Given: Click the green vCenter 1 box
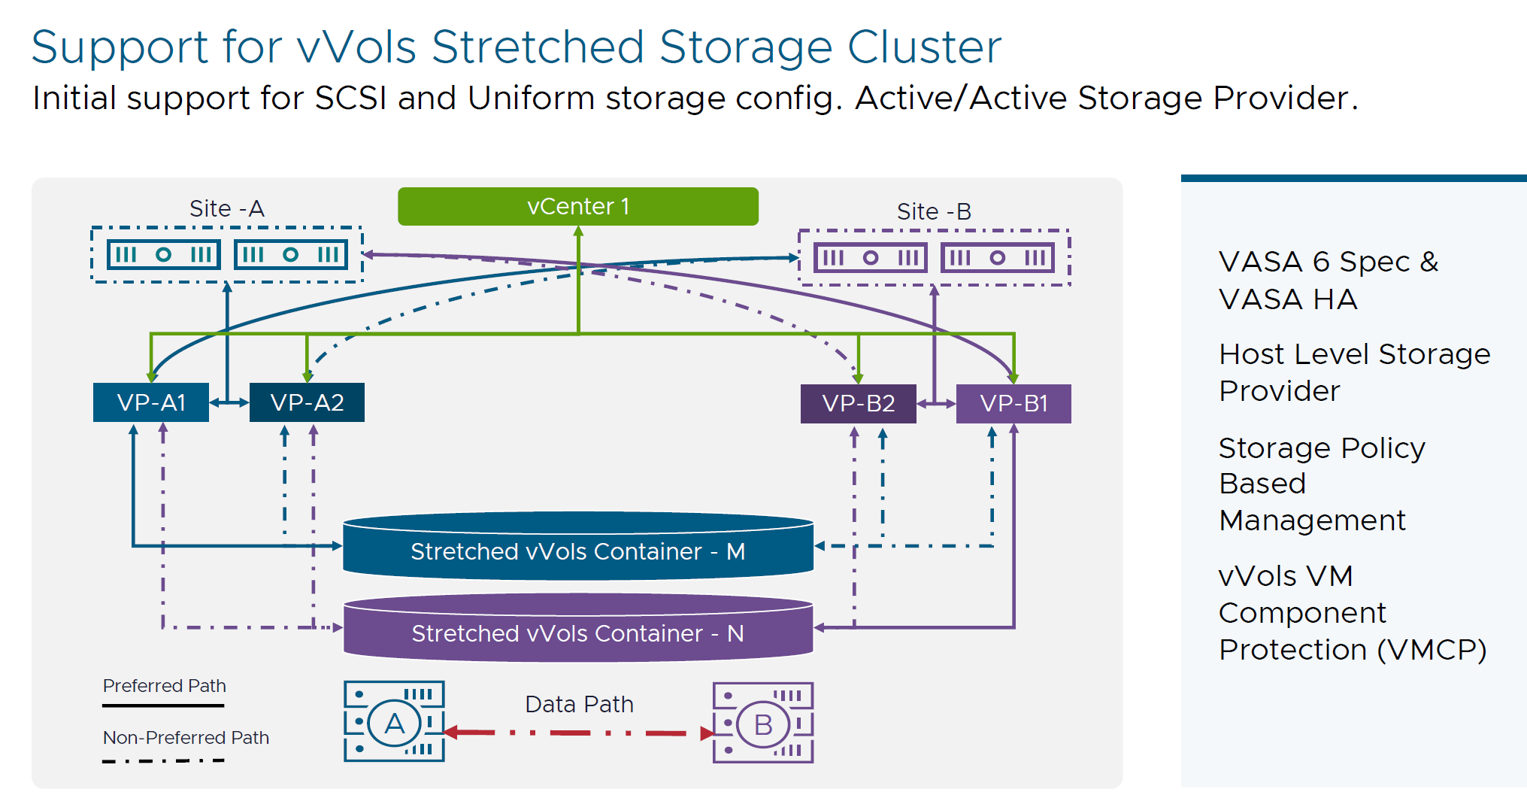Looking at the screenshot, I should pos(577,206).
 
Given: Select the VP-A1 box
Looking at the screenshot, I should pos(151,402).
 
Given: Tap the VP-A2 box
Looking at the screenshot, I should pos(307,402).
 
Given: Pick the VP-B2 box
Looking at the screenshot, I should pos(858,403).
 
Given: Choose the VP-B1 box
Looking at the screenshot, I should pos(1013,403).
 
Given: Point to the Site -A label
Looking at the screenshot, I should pos(226,208).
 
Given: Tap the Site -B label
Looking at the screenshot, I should pos(934,211).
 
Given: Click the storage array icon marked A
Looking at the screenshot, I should pos(394,722).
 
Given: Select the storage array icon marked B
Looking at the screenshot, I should pos(762,724).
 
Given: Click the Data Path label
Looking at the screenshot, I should pos(579,704).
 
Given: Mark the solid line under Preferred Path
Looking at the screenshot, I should pos(163,705).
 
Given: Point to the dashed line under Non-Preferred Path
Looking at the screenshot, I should pos(163,760).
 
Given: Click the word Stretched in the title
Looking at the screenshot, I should pos(538,47).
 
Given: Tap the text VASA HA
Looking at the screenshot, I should pos(1287,299).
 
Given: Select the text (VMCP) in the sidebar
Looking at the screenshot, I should pos(1432,649).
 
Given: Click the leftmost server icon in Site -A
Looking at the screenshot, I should pos(163,254).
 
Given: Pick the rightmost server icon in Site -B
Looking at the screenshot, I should pos(997,258).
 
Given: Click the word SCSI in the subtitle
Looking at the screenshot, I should pos(350,98).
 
